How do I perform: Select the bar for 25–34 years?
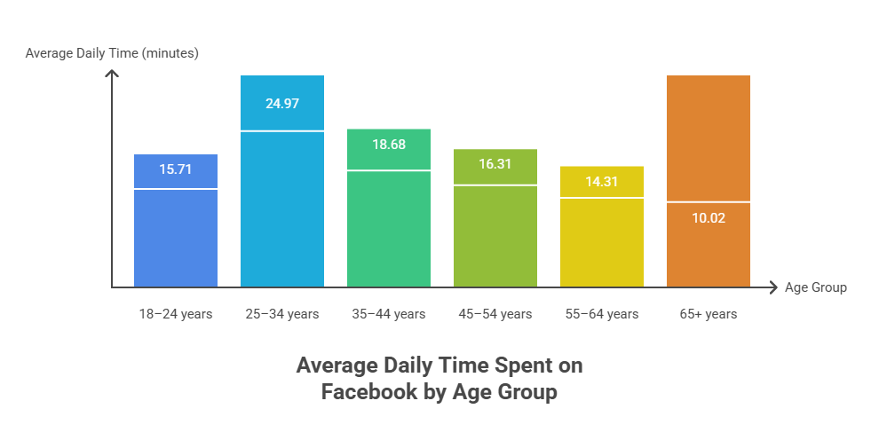click(282, 208)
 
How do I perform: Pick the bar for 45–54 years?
click(495, 235)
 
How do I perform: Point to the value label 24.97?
click(282, 103)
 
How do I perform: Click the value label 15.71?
click(176, 169)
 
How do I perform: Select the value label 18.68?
click(389, 144)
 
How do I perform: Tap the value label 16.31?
click(495, 164)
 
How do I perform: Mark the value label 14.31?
click(602, 182)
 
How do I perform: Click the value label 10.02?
click(709, 217)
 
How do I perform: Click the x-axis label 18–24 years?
click(176, 314)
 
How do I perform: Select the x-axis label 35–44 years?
click(389, 314)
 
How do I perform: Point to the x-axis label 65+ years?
click(709, 314)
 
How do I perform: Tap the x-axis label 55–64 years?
click(602, 314)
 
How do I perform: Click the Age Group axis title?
click(815, 287)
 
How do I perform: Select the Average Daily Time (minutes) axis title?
click(112, 53)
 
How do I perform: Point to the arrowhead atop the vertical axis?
click(112, 73)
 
